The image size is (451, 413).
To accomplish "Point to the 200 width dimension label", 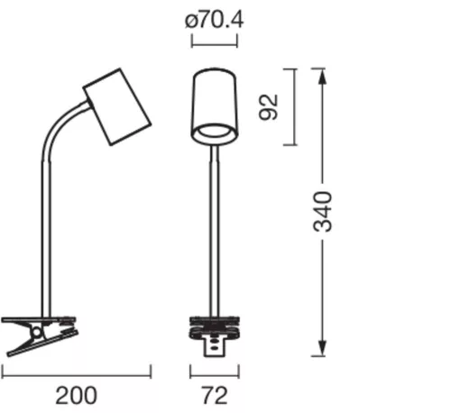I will pos(76,394).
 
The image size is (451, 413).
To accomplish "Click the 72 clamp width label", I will pos(214,394).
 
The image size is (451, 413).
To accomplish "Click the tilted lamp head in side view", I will pos(116,105).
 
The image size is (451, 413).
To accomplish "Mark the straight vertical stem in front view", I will pos(214,225).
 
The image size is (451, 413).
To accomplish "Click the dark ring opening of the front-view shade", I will pos(214,133).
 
